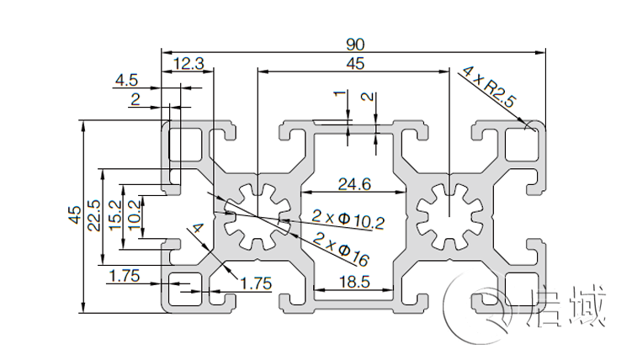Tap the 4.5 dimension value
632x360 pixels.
pyautogui.click(x=127, y=81)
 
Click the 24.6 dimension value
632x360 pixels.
pyautogui.click(x=354, y=183)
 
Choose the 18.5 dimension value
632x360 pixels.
pyautogui.click(x=354, y=283)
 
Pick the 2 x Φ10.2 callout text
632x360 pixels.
pyautogui.click(x=348, y=220)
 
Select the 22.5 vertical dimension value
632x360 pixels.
pyautogui.click(x=94, y=215)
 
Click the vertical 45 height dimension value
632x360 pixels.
pyautogui.click(x=74, y=215)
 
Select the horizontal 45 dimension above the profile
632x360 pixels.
pyautogui.click(x=354, y=63)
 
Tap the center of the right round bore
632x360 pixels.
pyautogui.click(x=449, y=216)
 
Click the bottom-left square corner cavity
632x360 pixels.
pyautogui.click(x=185, y=289)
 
